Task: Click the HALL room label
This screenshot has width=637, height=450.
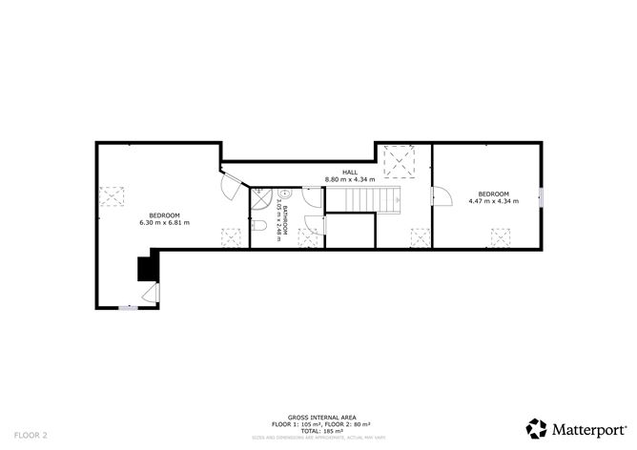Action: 350,172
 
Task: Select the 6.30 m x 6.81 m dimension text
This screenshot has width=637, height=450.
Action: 164,223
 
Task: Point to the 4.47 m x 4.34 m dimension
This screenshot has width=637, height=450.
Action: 493,201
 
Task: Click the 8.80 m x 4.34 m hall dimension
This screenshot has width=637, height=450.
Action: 350,179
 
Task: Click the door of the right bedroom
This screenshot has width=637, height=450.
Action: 441,198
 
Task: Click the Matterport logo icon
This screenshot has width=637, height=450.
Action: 538,428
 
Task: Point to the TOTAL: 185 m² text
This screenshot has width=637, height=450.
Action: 318,431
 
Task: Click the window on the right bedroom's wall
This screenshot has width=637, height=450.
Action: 541,198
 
